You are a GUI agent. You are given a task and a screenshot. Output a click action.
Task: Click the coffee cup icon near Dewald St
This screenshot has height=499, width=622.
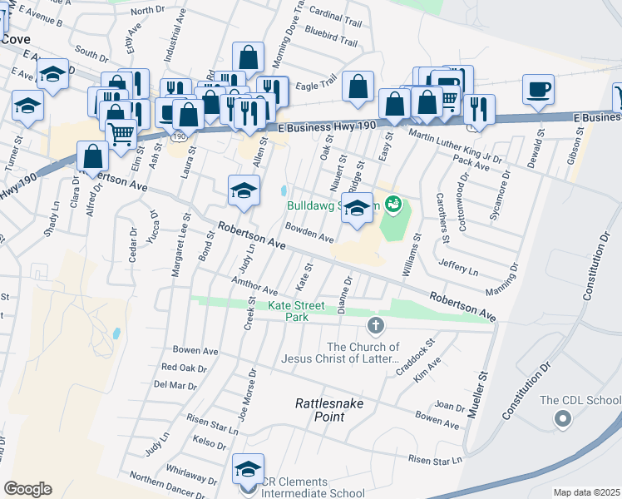[538, 89]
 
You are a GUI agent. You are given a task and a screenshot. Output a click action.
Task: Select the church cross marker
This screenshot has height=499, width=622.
[375, 323]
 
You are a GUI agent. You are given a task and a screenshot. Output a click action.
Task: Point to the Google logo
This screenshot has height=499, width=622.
[27, 489]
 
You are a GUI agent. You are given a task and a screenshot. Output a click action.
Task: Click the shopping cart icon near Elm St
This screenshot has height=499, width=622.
[121, 132]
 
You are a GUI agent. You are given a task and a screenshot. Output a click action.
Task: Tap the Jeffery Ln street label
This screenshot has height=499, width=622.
[458, 268]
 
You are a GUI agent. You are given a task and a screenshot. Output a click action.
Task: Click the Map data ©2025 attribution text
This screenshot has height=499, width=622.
[585, 492]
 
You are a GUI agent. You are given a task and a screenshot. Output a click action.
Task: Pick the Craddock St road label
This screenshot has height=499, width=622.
[416, 356]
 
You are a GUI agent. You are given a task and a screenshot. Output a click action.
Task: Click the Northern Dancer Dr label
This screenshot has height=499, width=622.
[166, 487]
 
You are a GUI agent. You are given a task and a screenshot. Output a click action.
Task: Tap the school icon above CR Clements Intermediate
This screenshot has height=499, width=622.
[248, 467]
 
